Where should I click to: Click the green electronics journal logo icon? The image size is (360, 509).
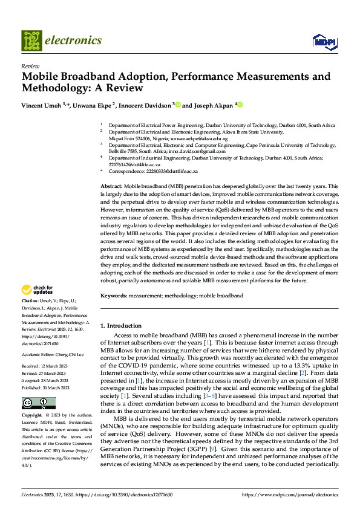click(x=31, y=41)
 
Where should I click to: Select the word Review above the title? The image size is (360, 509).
click(x=30, y=66)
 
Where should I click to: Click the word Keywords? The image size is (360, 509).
click(x=114, y=296)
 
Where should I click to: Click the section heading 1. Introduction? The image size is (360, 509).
click(x=120, y=325)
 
